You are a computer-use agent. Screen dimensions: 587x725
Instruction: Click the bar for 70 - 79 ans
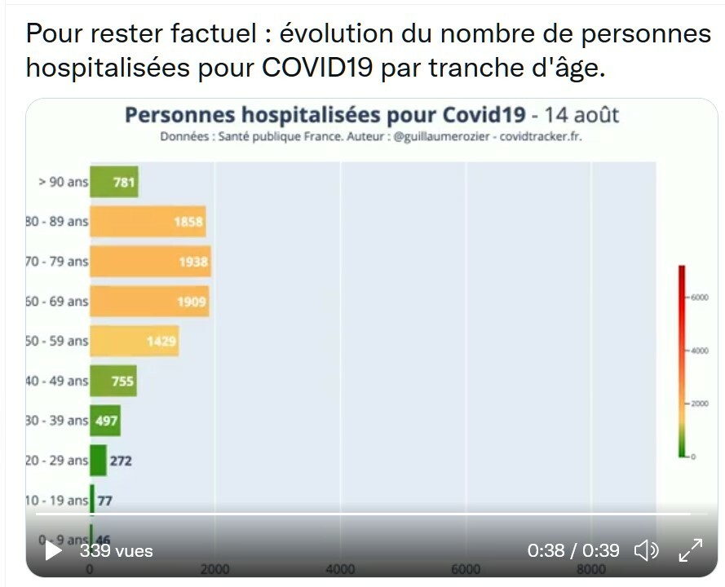(150, 262)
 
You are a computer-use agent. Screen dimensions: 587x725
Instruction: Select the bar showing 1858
(147, 222)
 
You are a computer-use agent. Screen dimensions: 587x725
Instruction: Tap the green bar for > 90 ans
(113, 182)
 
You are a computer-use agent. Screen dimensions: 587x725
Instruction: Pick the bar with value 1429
(134, 342)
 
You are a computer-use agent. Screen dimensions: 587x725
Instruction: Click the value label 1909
(192, 302)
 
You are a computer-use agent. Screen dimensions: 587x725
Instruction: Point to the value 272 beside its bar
(121, 461)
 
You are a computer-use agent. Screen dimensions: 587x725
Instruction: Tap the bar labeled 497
(105, 421)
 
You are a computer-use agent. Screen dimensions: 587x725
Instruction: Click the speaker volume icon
(646, 551)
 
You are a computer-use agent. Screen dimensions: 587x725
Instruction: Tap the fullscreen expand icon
(691, 551)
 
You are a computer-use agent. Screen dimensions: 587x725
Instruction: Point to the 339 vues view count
(116, 551)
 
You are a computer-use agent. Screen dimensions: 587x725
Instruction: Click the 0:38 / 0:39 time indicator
(573, 551)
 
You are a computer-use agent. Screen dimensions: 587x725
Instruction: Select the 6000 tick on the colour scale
(700, 297)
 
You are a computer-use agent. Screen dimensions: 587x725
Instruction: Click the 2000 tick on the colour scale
(700, 404)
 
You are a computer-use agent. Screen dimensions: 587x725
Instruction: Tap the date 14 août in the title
(581, 114)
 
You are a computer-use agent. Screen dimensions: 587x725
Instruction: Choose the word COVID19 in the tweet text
(318, 68)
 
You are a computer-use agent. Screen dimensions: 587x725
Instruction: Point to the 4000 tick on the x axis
(340, 569)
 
